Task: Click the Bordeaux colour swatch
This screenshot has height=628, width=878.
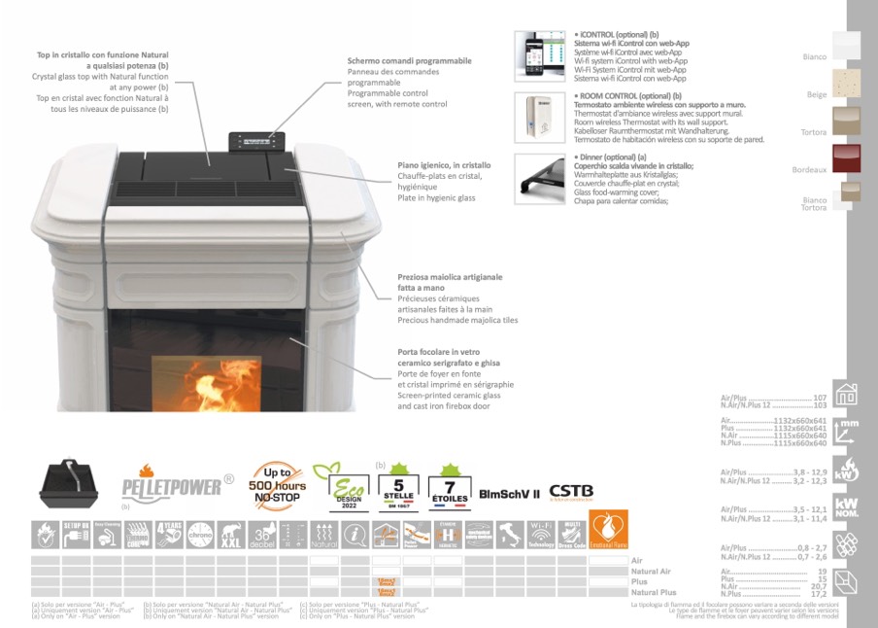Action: [846, 157]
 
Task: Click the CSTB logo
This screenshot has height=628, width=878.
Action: [571, 491]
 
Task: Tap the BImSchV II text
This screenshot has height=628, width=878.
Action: [509, 493]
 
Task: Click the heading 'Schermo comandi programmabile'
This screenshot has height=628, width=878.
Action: [409, 61]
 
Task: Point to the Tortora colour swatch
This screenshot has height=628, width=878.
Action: [846, 121]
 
